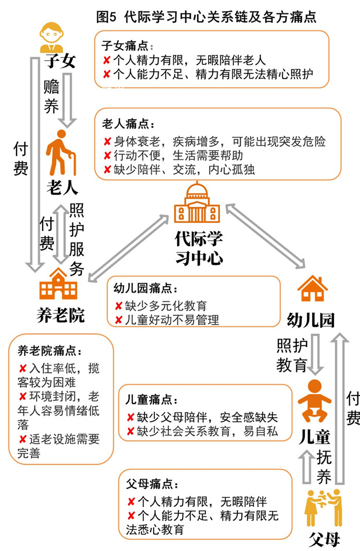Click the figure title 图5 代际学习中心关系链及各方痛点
[206, 16]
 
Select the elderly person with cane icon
[61, 153]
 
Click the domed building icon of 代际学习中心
[197, 203]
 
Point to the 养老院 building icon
[58, 284]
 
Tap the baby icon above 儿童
[314, 401]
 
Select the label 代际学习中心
[199, 248]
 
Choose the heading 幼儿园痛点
[146, 288]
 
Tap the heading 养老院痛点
[50, 351]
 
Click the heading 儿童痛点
[152, 399]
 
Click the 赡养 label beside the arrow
[51, 96]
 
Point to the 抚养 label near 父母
[324, 467]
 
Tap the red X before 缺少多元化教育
[119, 306]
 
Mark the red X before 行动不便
[107, 155]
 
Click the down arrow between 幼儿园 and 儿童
[315, 354]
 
